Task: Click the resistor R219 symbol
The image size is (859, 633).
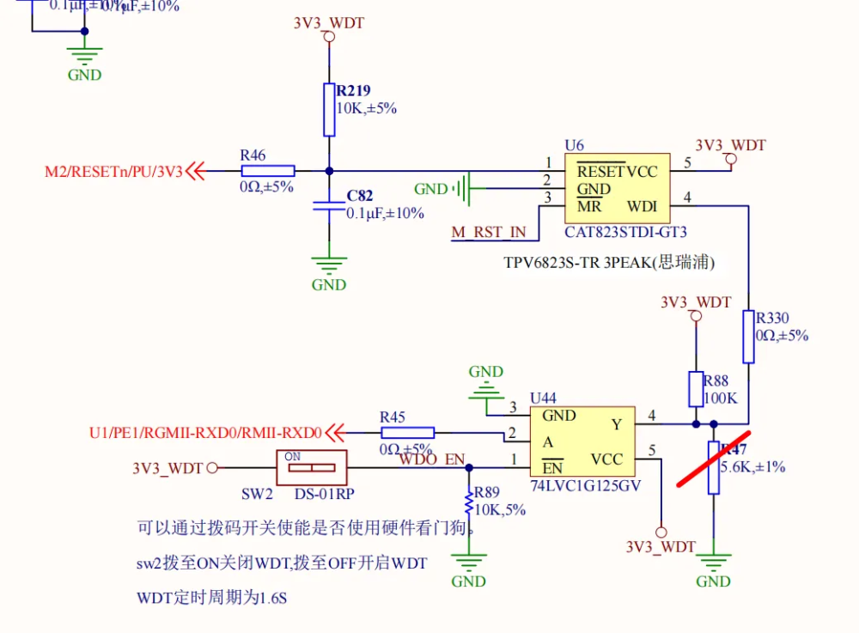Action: (x=329, y=109)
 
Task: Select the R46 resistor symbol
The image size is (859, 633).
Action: (x=268, y=171)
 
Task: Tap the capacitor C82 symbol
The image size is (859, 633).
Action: (x=329, y=206)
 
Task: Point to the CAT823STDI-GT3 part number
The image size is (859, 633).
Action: (x=625, y=232)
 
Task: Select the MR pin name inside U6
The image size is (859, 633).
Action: (x=588, y=206)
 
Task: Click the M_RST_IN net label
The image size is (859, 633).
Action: (x=490, y=232)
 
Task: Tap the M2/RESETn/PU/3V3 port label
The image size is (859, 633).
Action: (x=113, y=172)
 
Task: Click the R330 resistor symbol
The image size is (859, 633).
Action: (x=748, y=337)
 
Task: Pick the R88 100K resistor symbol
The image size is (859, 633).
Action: (x=696, y=389)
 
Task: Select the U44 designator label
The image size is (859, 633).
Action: (x=543, y=398)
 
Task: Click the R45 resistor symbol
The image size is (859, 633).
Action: (x=407, y=433)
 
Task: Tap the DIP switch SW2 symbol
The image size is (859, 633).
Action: (x=310, y=467)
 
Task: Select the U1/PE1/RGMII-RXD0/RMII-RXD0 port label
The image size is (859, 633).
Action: (x=205, y=433)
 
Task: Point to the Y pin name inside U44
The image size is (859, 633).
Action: (x=616, y=424)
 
